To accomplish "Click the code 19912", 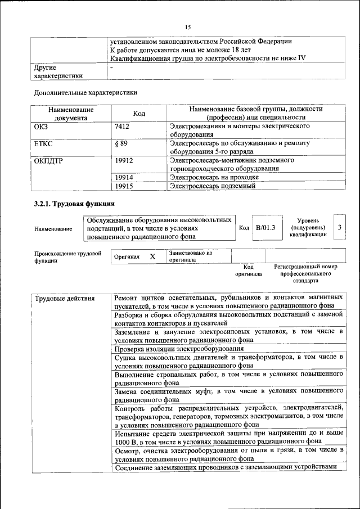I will (x=123, y=160).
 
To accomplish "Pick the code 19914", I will (x=123, y=177).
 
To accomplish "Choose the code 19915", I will (x=123, y=185).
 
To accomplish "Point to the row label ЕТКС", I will (x=43, y=144).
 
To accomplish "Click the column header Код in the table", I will (x=139, y=114).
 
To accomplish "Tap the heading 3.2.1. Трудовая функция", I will (x=74, y=203).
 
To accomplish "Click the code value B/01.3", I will (x=265, y=227).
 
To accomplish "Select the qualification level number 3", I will (x=339, y=227).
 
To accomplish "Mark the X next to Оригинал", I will (x=152, y=256).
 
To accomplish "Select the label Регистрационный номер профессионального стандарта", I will (x=305, y=273).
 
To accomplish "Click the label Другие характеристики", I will (x=58, y=71).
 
